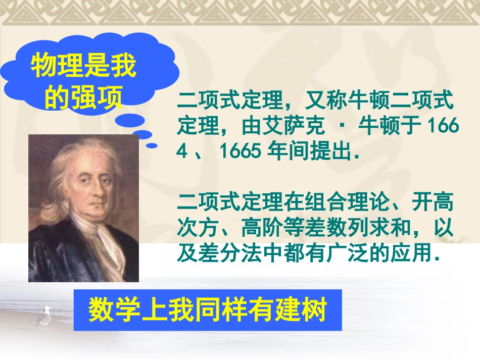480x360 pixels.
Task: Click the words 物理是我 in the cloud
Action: (84, 67)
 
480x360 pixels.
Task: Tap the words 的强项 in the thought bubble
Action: (84, 97)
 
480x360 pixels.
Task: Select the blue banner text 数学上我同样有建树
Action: (208, 310)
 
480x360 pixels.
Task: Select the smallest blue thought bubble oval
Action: (152, 145)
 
